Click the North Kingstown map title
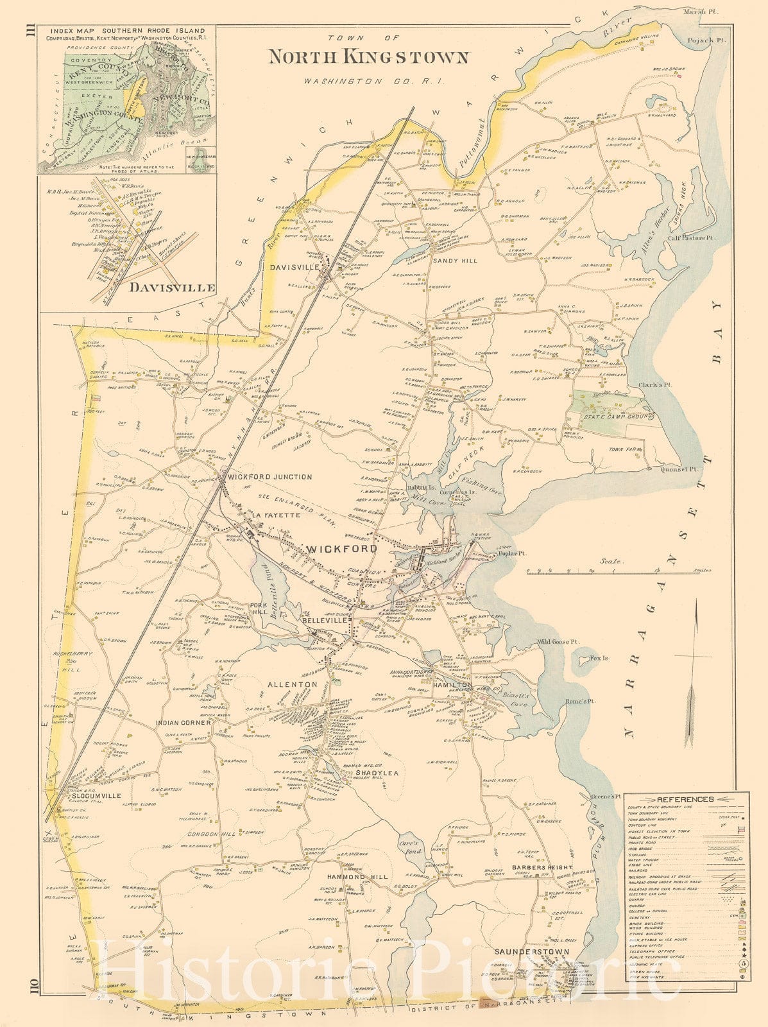(368, 57)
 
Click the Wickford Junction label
(270, 477)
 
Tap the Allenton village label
(293, 685)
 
